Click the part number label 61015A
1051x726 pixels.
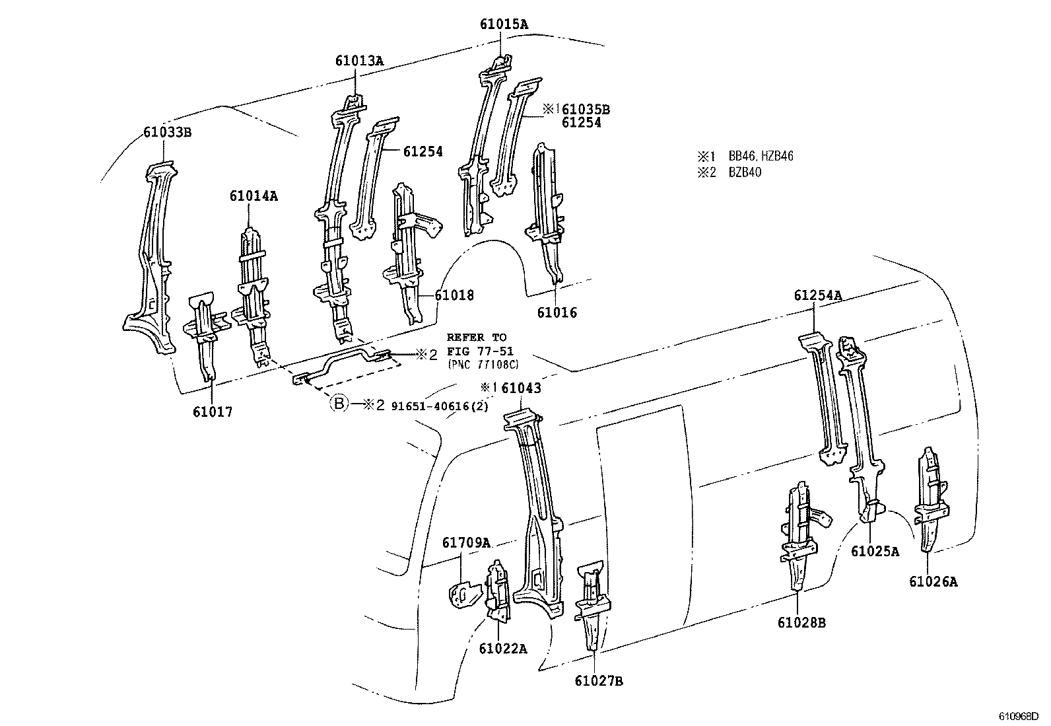(x=504, y=25)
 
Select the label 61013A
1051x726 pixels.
(x=359, y=61)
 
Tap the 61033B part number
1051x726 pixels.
(x=167, y=132)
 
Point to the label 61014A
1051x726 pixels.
(x=254, y=196)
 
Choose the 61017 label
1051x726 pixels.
(x=213, y=412)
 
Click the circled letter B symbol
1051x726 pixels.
(x=338, y=404)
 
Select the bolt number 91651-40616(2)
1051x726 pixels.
(x=440, y=406)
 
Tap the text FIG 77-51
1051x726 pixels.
(x=480, y=351)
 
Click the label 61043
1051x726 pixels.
(x=521, y=388)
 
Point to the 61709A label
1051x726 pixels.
(x=466, y=542)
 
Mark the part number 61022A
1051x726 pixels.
(x=503, y=648)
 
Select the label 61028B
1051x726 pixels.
(x=801, y=622)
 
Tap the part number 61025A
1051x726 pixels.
(x=875, y=551)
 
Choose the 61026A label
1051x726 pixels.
(x=933, y=581)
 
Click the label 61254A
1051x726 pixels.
(x=817, y=295)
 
